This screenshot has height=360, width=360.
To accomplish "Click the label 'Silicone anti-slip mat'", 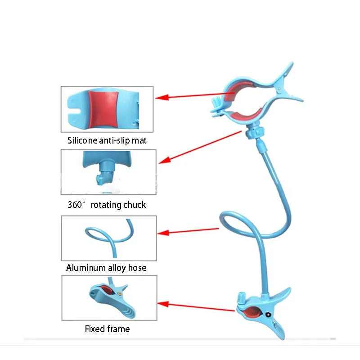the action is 107,140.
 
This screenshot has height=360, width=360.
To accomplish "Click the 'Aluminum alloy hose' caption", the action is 106,268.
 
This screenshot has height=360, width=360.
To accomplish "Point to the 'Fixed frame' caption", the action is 107,329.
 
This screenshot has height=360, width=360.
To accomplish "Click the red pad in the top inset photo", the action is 103,110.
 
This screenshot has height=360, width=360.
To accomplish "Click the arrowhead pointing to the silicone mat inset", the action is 162,97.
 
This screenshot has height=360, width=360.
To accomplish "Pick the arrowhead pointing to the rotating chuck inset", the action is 164,160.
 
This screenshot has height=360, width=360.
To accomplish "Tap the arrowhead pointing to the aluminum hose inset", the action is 163,233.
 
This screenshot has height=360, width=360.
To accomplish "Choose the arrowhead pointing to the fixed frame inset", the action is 163,304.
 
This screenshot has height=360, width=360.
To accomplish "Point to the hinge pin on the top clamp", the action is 279,88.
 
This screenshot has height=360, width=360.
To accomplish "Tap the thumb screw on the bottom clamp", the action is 241,298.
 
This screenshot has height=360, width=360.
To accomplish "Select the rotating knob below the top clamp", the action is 255,133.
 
